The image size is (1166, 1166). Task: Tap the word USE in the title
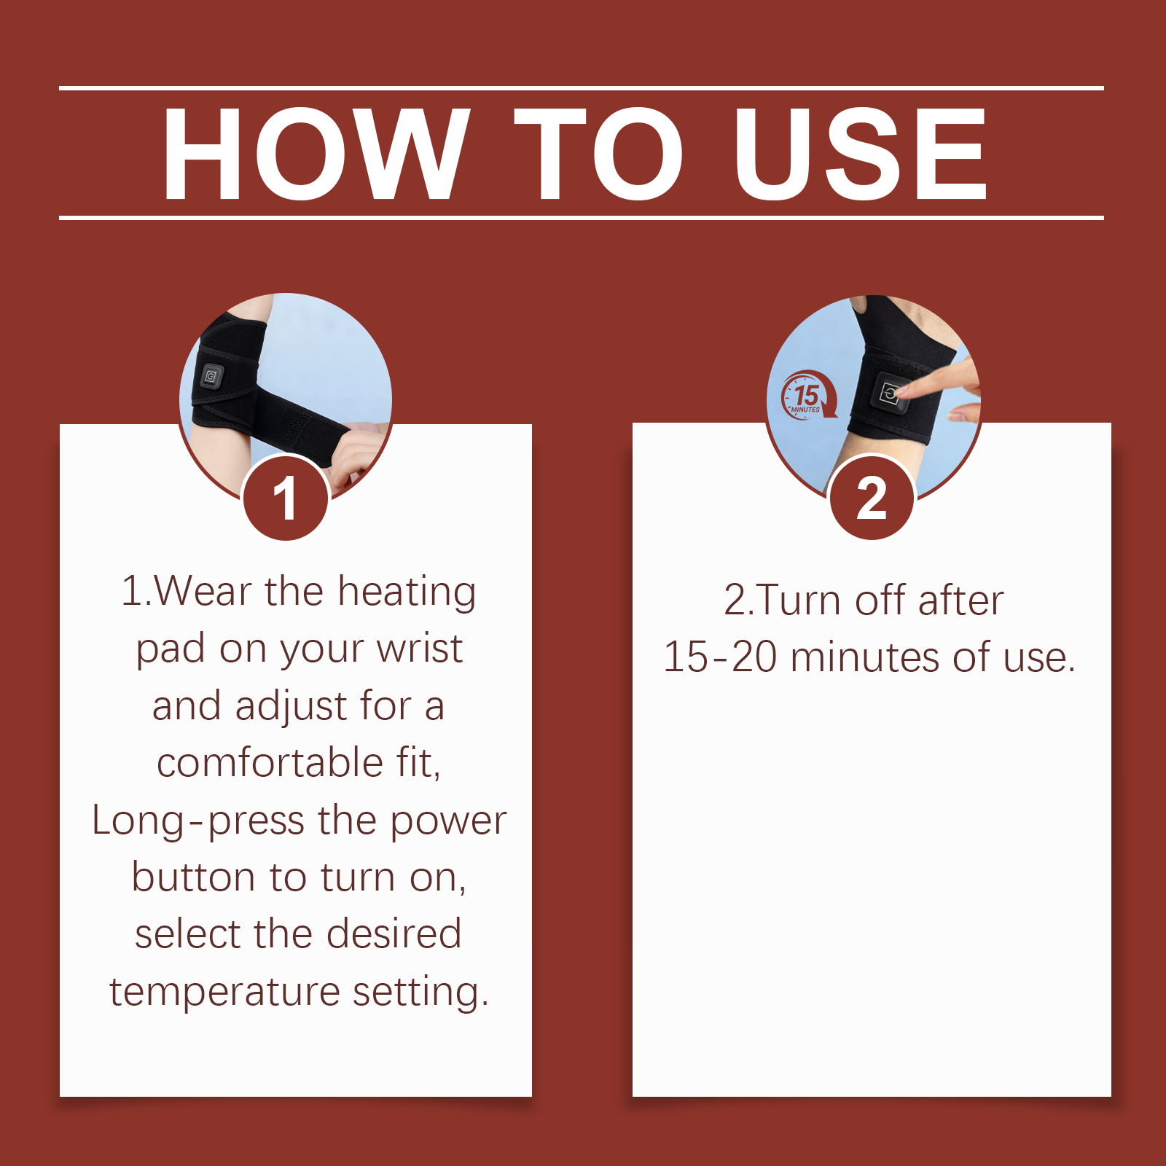point(861,153)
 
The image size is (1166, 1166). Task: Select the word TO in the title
point(599,153)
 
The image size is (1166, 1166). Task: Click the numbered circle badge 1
point(286,498)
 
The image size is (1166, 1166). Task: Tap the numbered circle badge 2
point(872,498)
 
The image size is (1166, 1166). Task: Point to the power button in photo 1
point(211,376)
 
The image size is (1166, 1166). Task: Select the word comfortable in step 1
point(270,762)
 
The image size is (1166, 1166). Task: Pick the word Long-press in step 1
point(198,821)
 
